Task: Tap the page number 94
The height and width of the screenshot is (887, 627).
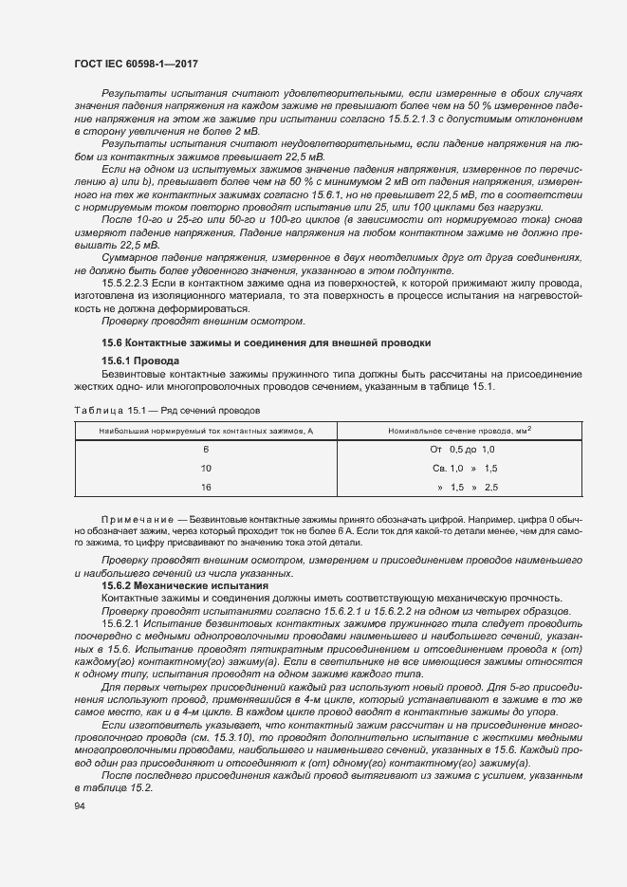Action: pyautogui.click(x=79, y=806)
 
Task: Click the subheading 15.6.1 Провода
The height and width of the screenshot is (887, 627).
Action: pyautogui.click(x=134, y=361)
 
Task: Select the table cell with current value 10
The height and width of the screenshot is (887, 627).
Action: pyautogui.click(x=205, y=469)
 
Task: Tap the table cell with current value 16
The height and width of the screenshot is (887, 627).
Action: pyautogui.click(x=205, y=487)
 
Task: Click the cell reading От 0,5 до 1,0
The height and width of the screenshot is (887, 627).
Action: pyautogui.click(x=463, y=450)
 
